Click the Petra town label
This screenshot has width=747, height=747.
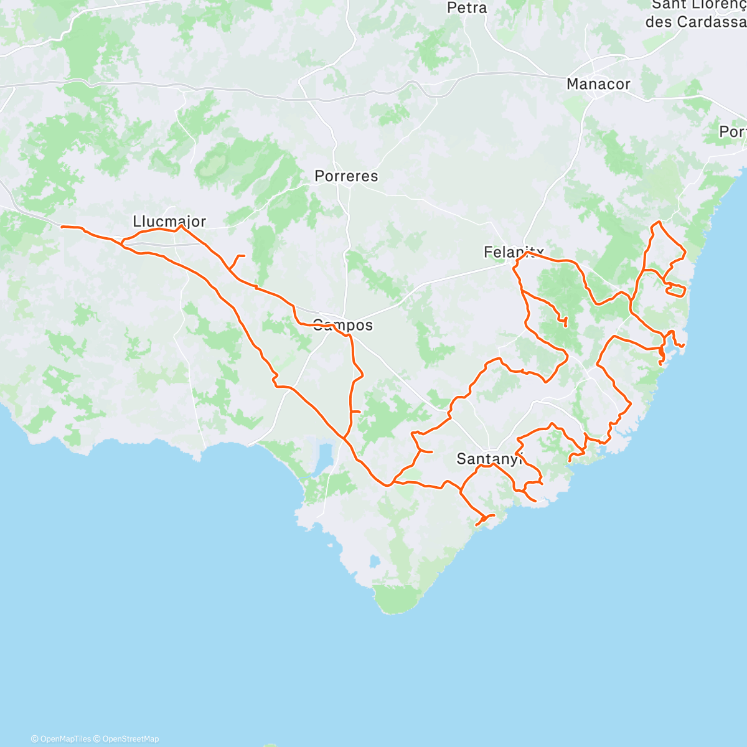tap(467, 8)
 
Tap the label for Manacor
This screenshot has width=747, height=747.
tap(598, 84)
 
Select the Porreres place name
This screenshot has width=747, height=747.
tap(346, 176)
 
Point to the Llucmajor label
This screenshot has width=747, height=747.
tap(169, 222)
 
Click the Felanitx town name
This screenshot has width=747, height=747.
tap(514, 252)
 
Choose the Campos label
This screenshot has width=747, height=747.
tap(342, 325)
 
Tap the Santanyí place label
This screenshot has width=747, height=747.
tap(489, 459)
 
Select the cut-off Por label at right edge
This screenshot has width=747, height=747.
tap(733, 132)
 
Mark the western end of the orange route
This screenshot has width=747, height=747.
tap(62, 227)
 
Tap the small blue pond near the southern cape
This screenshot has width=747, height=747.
tap(374, 561)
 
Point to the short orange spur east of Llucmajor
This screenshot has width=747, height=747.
tap(239, 256)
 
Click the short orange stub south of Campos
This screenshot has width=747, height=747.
tap(357, 411)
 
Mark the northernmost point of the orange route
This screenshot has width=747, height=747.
tap(658, 222)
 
